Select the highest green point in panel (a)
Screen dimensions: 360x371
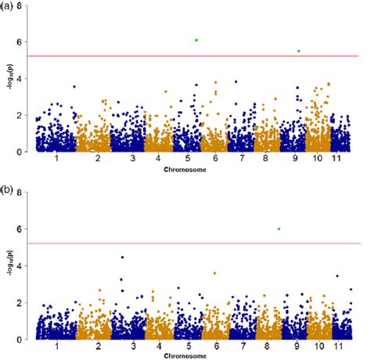point(196,40)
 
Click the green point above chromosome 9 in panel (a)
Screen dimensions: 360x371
point(298,51)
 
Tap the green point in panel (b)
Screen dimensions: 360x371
point(279,229)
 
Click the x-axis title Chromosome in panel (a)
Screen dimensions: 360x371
point(185,170)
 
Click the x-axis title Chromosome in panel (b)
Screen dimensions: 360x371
point(185,355)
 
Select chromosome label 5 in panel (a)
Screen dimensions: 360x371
point(189,160)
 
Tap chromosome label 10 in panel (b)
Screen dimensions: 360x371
point(316,346)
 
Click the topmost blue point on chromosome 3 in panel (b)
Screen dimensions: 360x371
point(121,257)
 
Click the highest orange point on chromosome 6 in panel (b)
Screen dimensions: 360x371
point(215,273)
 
